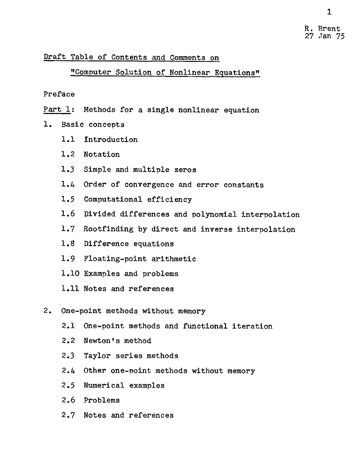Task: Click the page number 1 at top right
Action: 330,12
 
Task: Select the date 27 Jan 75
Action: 324,37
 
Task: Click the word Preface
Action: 59,94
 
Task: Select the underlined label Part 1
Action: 57,110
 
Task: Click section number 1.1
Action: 68,140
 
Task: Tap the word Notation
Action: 102,154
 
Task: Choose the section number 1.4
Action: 68,185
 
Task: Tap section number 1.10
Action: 70,274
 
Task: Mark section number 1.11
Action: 70,289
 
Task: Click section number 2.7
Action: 68,415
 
